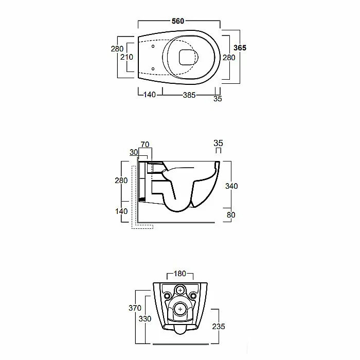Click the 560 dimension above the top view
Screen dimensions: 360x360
click(178, 21)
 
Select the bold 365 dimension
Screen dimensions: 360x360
click(240, 48)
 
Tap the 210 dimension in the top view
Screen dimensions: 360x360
click(127, 57)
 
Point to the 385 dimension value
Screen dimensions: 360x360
click(189, 95)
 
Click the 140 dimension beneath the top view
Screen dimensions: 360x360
click(150, 95)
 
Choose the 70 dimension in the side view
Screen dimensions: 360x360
click(145, 145)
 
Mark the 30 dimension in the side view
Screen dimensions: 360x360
click(134, 152)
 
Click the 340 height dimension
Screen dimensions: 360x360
click(231, 186)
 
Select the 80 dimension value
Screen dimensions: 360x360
click(231, 215)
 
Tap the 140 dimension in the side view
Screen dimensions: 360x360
click(121, 211)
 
